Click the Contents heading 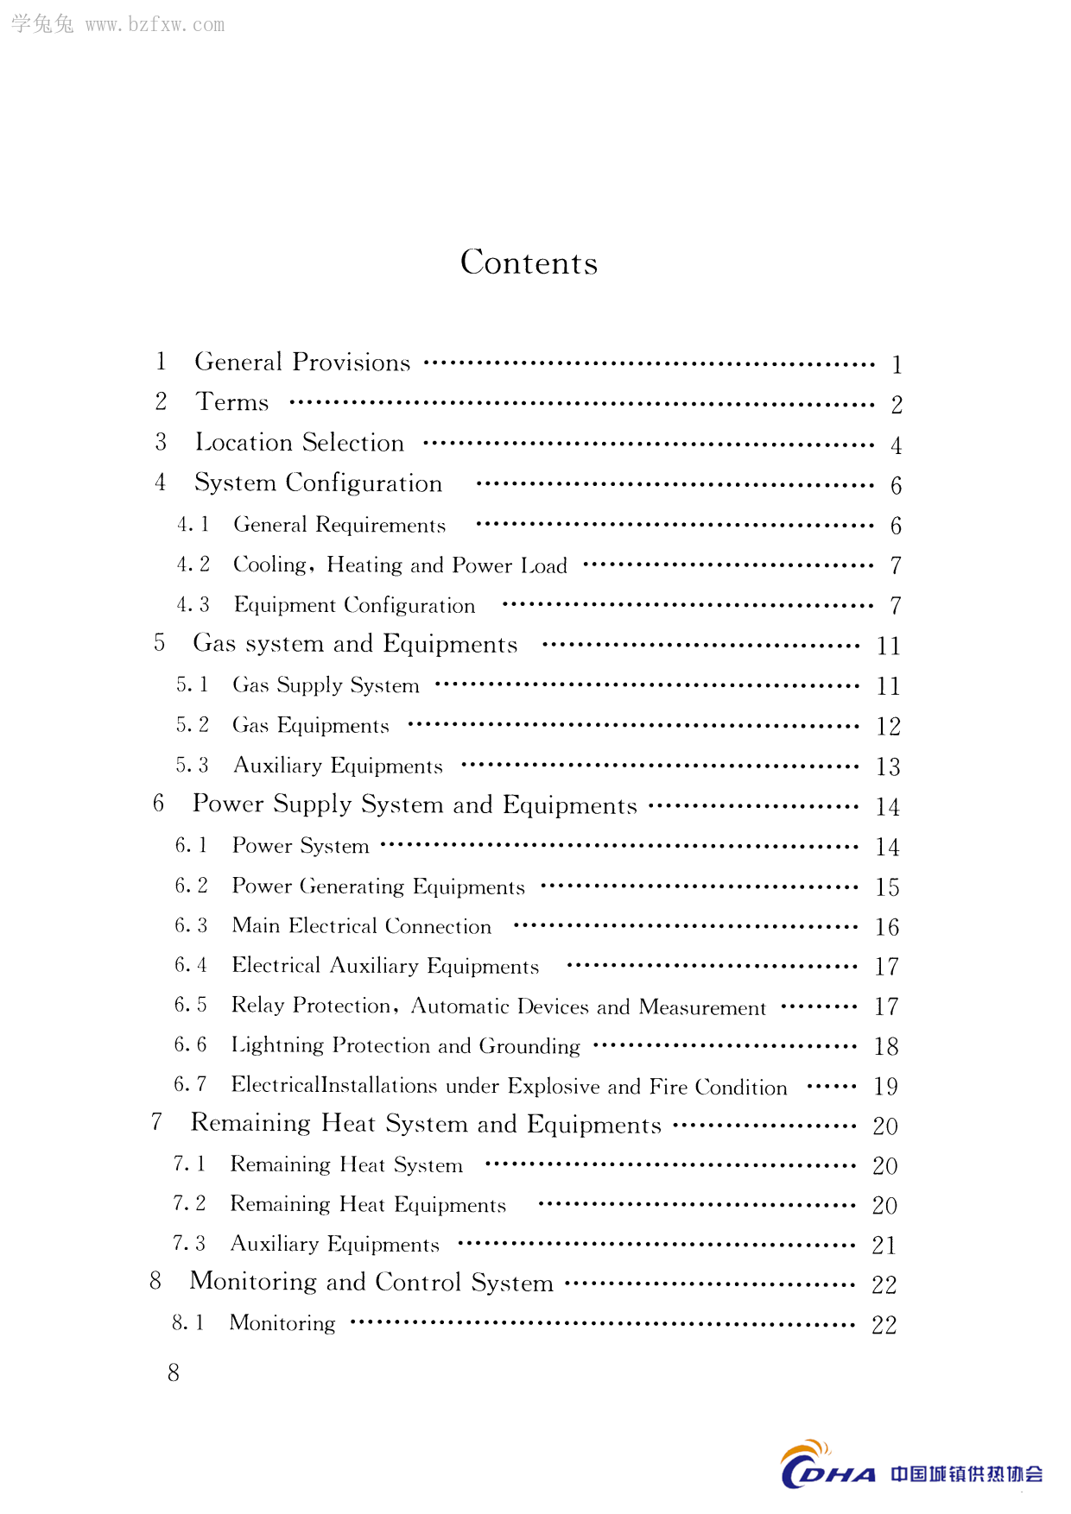[529, 262]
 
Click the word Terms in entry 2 [232, 402]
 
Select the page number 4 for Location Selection [897, 445]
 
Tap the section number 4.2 [193, 565]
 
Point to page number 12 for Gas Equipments [888, 727]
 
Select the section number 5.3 [193, 766]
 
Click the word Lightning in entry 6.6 [276, 1046]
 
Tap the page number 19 [885, 1087]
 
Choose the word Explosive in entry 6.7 [553, 1086]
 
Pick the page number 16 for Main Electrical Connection [887, 927]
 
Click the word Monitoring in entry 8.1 [282, 1323]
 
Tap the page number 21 [884, 1246]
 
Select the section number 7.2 [189, 1204]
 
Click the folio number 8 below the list [174, 1373]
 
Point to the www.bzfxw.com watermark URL [155, 25]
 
